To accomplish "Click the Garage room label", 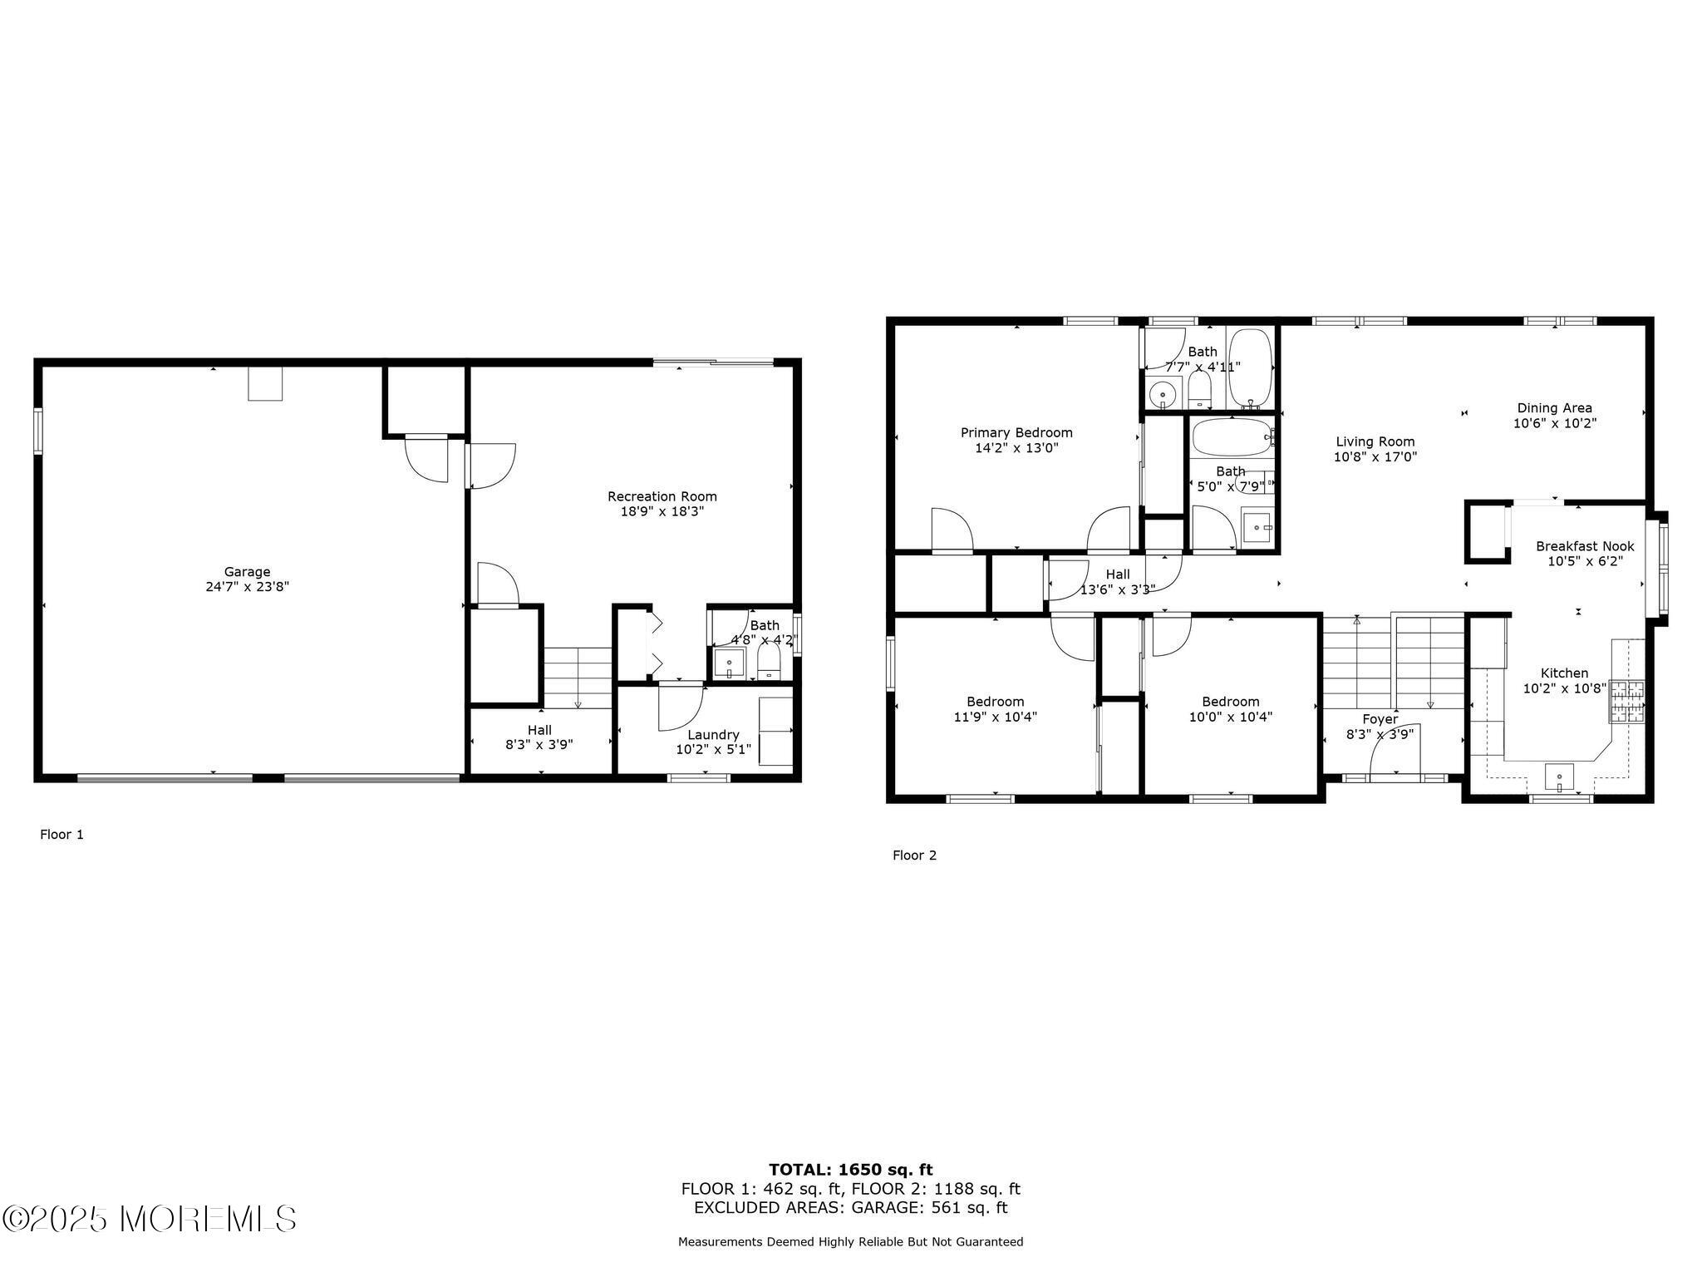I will (x=247, y=572).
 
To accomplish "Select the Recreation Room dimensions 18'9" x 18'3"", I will (x=662, y=511).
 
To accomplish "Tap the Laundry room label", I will (x=713, y=735).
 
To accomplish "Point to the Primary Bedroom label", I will (x=1016, y=432).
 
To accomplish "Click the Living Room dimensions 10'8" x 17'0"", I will (x=1375, y=456).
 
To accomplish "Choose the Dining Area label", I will (x=1554, y=407).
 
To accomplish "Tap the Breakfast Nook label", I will (x=1585, y=546).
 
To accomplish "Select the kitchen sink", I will (x=1559, y=777).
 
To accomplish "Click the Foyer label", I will (x=1380, y=719).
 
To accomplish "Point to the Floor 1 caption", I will (x=62, y=835).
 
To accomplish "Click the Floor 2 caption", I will (x=914, y=855).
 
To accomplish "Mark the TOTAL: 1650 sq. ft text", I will (x=850, y=1171).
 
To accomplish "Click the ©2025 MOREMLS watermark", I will (x=150, y=1219).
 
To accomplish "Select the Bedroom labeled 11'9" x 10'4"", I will (x=995, y=709).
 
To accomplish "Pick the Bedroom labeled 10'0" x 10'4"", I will (x=1230, y=709).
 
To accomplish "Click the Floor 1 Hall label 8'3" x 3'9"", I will (x=539, y=737).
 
